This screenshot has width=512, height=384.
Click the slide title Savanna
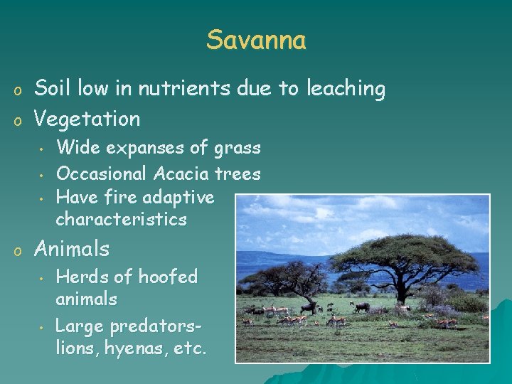point(256,40)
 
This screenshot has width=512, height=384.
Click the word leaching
point(346,89)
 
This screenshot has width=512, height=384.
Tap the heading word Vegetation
point(87,118)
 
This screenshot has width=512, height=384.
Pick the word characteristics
point(121,219)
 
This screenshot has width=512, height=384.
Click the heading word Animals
point(72,249)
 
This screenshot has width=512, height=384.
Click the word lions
point(75,349)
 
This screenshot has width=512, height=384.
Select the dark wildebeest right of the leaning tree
point(362,307)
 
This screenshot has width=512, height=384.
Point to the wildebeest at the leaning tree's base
point(307,307)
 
